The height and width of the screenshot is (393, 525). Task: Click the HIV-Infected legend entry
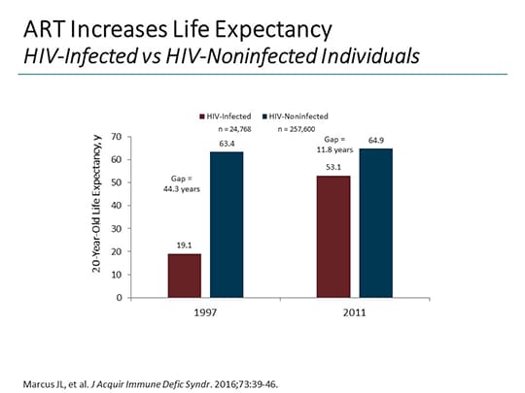(x=228, y=115)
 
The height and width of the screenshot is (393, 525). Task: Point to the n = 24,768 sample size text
(x=237, y=127)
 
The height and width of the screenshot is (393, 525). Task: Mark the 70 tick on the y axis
(x=115, y=136)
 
